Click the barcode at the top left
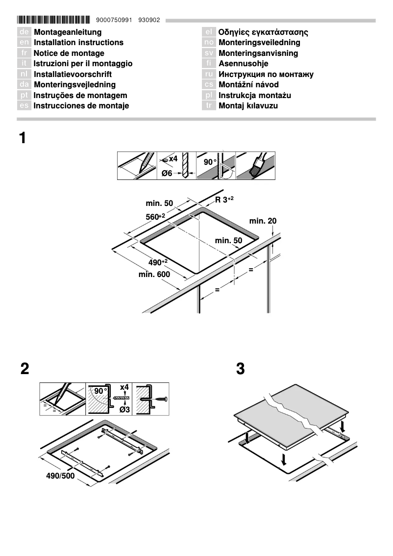pos(53,20)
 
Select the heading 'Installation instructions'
pos(78,43)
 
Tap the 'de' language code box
pos(24,32)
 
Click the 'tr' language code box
pos(209,106)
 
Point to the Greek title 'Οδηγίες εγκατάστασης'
pos(263,32)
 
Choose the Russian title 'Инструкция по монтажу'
pos(266,75)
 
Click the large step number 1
pos(23,138)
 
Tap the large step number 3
pos(240,369)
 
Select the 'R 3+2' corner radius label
pos(224,199)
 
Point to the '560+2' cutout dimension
pos(155,217)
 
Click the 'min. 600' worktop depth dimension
pos(154,275)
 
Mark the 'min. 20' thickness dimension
pos(263,221)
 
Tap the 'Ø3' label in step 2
pos(123,409)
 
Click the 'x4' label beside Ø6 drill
pos(173,159)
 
